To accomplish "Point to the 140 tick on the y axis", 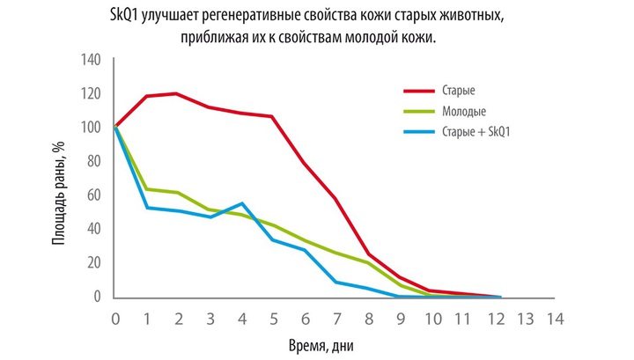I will point(92,60).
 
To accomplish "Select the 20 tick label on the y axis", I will point(95,263).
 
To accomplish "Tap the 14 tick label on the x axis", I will point(554,317).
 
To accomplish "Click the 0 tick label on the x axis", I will point(115,317).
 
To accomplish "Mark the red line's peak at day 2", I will point(178,93).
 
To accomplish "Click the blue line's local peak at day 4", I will point(241,203).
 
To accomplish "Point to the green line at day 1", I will point(146,189).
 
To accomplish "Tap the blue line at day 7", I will point(335,282).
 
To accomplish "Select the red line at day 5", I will point(272,117).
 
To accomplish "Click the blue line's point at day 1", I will point(146,208).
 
